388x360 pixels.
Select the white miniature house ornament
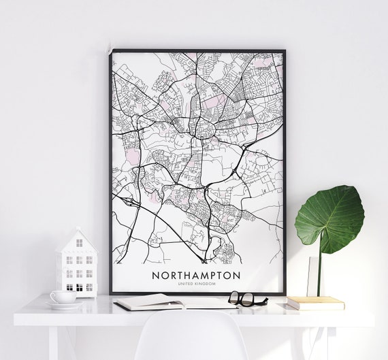pyautogui.click(x=76, y=262)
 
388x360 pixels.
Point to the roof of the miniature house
pyautogui.click(x=76, y=239)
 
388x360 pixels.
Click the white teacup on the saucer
pyautogui.click(x=62, y=297)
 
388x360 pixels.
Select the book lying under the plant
pyautogui.click(x=314, y=303)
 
